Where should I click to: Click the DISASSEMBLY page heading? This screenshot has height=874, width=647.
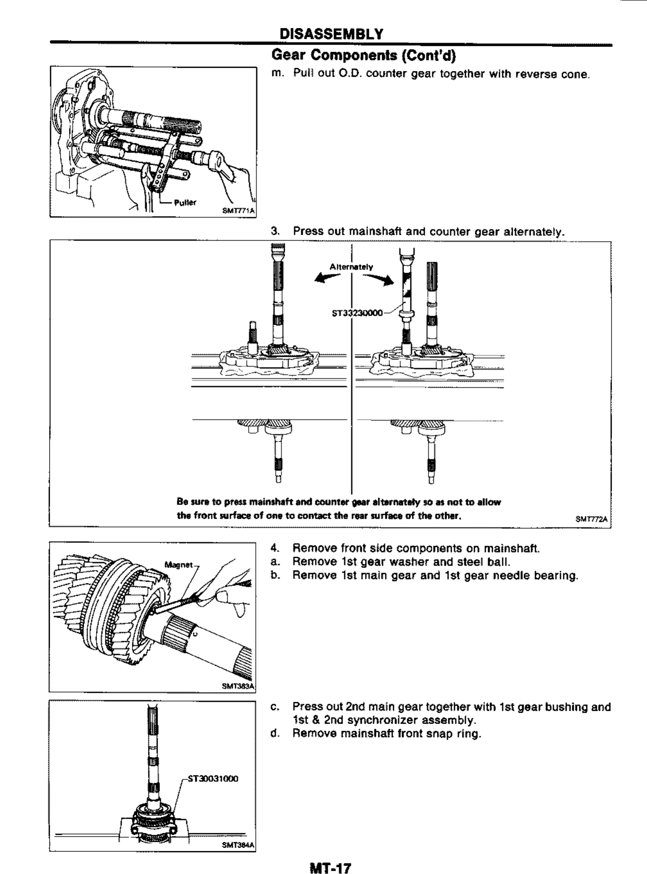331,34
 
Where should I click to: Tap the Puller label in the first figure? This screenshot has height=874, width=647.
185,203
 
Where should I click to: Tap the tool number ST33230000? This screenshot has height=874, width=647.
357,313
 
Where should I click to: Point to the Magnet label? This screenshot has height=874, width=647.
178,564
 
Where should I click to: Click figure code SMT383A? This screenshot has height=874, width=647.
238,686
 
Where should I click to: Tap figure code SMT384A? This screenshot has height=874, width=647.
238,845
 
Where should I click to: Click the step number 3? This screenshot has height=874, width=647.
274,231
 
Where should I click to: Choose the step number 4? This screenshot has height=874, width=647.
274,548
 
